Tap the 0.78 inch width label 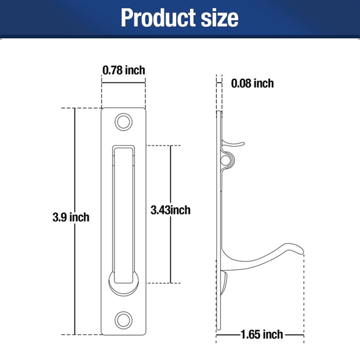pyautogui.click(x=124, y=70)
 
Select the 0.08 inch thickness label pyautogui.click(x=252, y=83)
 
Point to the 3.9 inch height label pyautogui.click(x=71, y=217)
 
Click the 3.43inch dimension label pyautogui.click(x=171, y=210)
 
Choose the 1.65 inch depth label pyautogui.click(x=261, y=334)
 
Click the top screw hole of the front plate pyautogui.click(x=124, y=121)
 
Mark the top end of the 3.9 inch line pyautogui.click(x=75, y=108)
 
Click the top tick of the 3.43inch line pyautogui.click(x=171, y=145)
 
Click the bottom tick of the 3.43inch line pyautogui.click(x=171, y=283)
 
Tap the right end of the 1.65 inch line pyautogui.click(x=302, y=335)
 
